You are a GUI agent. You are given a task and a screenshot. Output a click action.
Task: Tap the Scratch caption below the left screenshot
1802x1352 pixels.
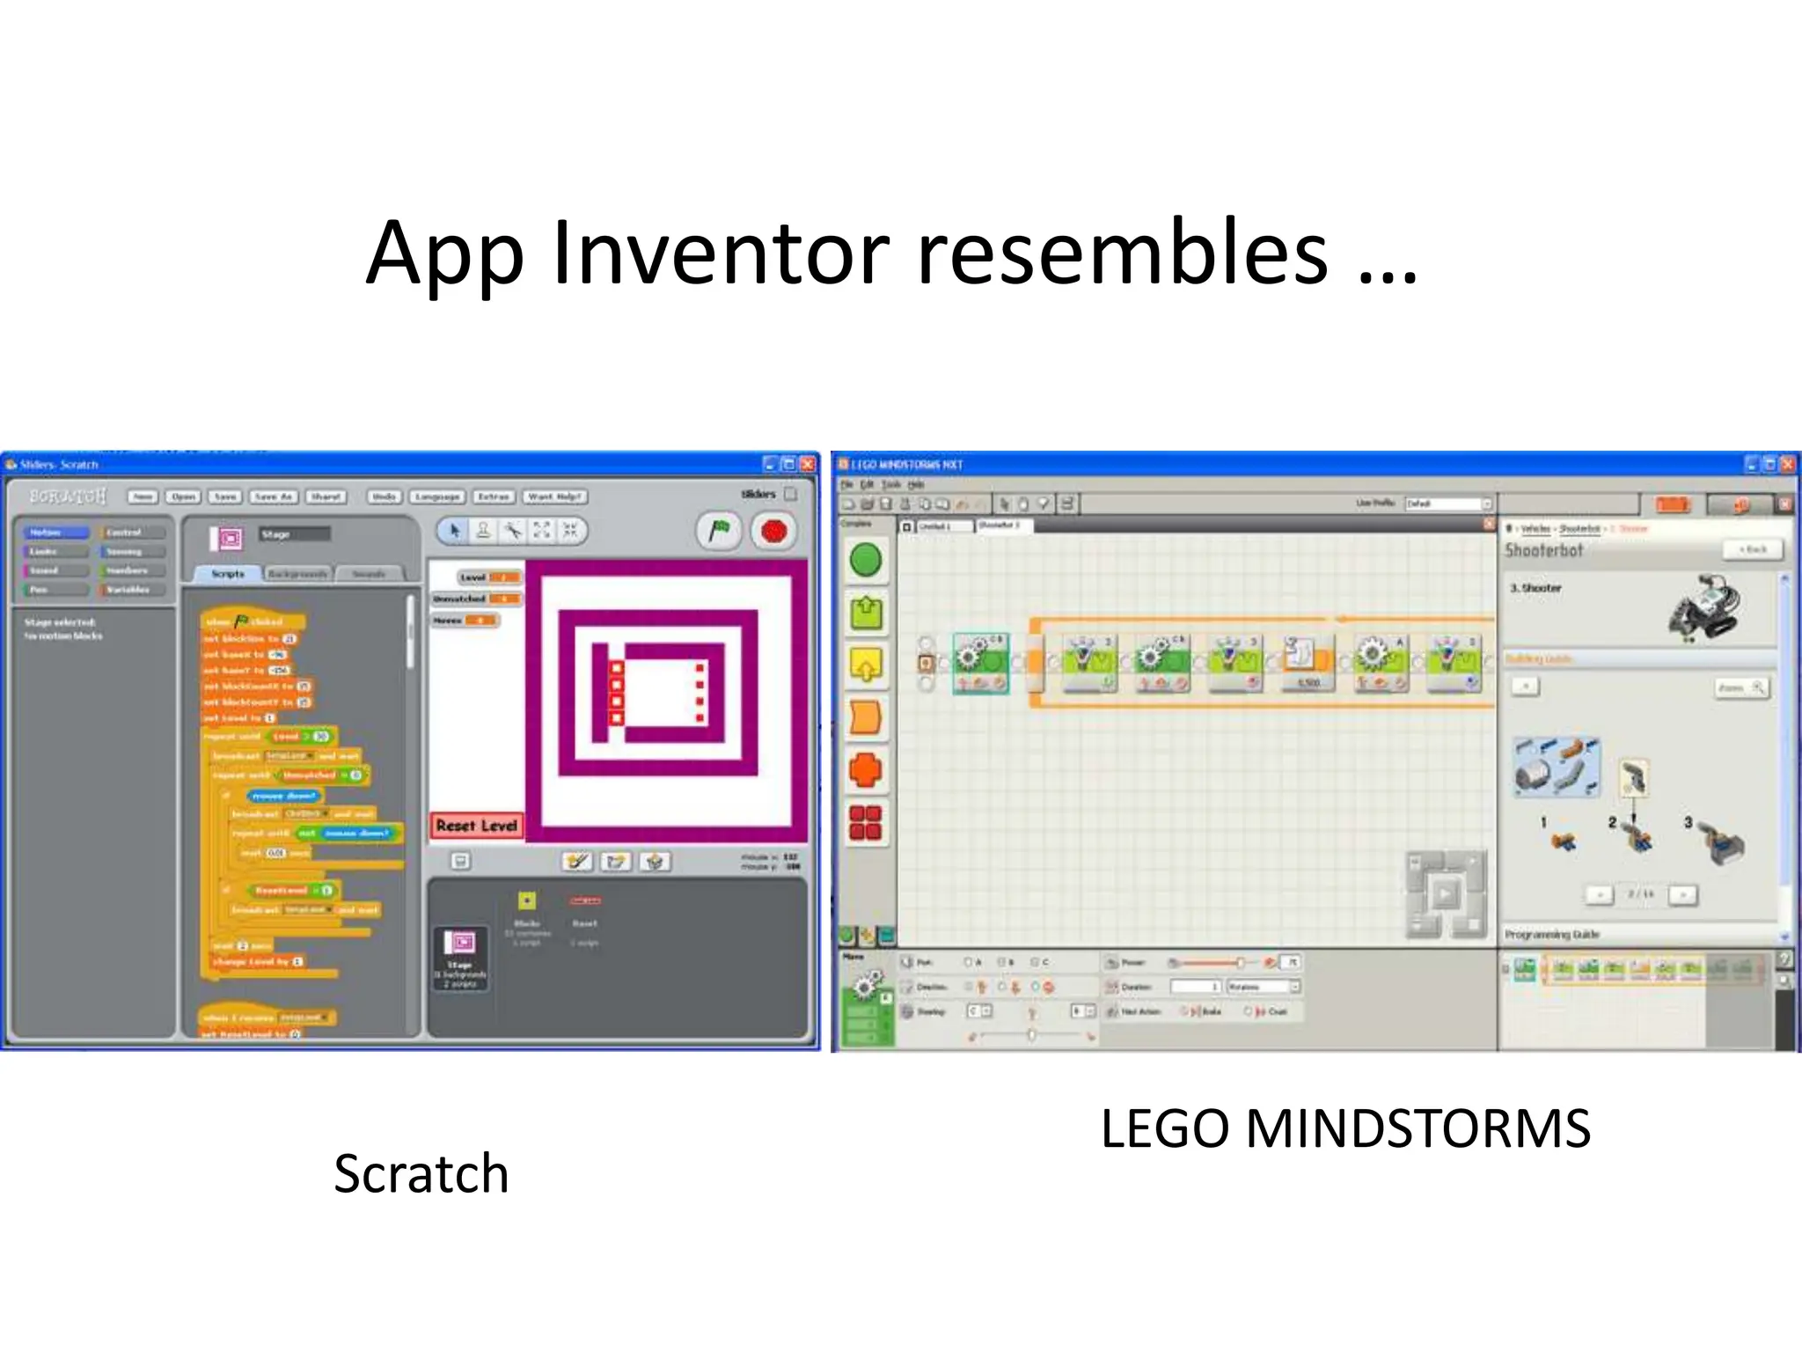click(x=421, y=1174)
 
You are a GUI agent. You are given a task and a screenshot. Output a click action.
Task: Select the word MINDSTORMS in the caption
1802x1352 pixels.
click(x=1418, y=1128)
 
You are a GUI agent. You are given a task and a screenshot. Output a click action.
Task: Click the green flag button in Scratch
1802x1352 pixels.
click(x=719, y=531)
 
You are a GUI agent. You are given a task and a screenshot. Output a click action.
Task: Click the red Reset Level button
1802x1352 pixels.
click(x=476, y=826)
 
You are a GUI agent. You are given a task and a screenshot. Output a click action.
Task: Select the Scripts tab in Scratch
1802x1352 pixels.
click(x=227, y=574)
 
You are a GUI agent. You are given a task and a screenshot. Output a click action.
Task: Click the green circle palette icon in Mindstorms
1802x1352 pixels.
click(x=866, y=561)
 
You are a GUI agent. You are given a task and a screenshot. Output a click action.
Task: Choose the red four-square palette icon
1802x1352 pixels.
click(x=865, y=823)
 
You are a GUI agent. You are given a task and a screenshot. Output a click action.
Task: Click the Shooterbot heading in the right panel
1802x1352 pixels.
click(x=1543, y=551)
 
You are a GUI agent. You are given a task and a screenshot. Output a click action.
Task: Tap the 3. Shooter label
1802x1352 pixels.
click(x=1535, y=588)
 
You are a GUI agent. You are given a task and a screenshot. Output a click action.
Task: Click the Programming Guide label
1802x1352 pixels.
click(x=1551, y=934)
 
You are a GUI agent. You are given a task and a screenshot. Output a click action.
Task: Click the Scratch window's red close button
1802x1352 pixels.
click(x=807, y=464)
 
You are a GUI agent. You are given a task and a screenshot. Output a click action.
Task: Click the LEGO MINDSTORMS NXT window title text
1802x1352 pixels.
click(x=906, y=464)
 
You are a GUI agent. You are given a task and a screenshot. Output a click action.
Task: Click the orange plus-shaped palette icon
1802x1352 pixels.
click(x=865, y=770)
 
